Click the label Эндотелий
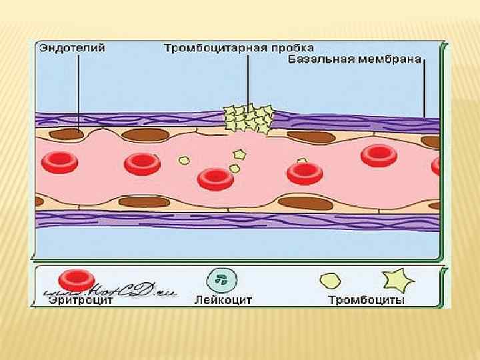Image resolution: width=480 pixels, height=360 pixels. coord(64,49)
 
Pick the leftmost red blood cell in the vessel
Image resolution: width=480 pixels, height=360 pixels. coord(59,161)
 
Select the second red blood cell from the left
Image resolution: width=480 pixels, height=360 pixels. coord(141,163)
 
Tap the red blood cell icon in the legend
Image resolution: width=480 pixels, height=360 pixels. coord(76,281)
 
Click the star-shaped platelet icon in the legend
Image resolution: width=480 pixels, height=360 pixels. coord(398,281)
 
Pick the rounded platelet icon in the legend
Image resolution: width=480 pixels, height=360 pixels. coord(331,281)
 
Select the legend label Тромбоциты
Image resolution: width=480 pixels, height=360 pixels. coord(366,300)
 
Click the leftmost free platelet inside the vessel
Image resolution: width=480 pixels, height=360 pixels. coord(184,160)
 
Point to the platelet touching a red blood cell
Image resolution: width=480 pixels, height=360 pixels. coord(301,162)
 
